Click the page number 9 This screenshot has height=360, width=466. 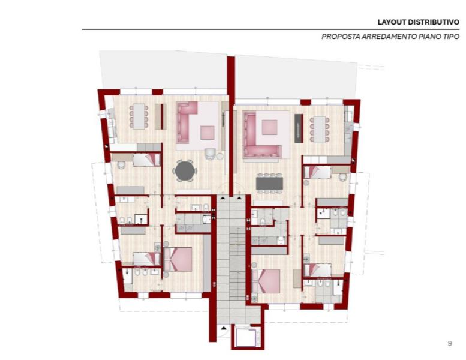(x=450, y=343)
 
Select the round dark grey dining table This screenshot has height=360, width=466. (x=185, y=171)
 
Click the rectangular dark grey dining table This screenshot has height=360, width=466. (x=269, y=183)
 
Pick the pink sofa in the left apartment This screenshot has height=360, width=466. (x=187, y=122)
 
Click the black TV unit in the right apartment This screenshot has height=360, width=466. (x=299, y=128)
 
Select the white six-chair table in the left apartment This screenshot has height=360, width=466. (x=139, y=116)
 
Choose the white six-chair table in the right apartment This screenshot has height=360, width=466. (x=320, y=130)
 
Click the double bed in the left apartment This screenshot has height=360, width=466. (x=178, y=259)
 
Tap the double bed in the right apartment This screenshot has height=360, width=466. (x=266, y=281)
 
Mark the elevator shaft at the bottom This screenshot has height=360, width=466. (x=248, y=337)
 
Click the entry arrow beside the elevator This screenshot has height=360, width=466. (x=224, y=328)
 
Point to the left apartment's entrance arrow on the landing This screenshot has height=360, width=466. (x=223, y=197)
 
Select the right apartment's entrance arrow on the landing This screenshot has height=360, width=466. (x=239, y=197)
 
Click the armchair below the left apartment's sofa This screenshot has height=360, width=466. (x=211, y=154)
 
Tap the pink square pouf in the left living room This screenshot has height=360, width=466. (x=207, y=133)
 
